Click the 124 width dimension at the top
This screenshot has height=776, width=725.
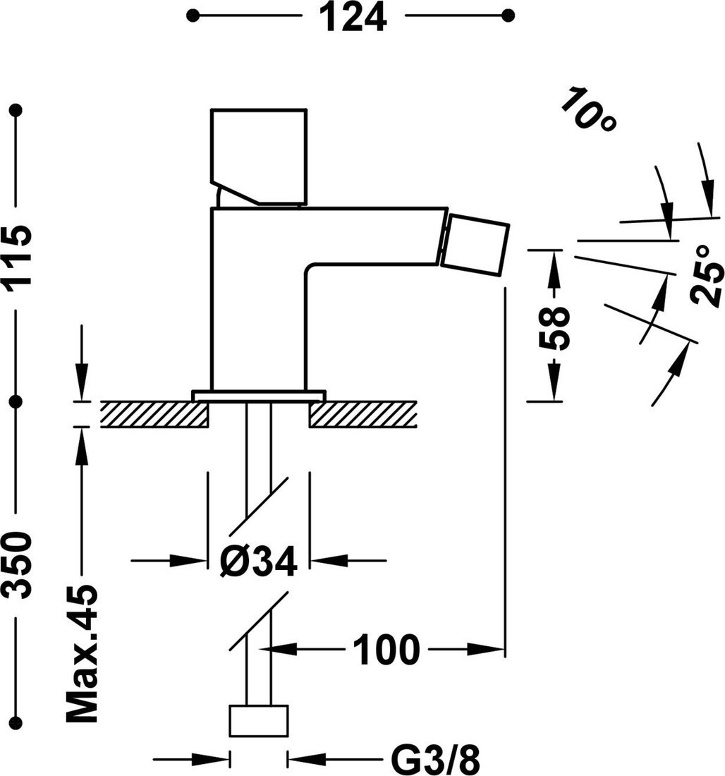(x=355, y=18)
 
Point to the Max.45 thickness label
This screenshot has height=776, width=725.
(x=82, y=653)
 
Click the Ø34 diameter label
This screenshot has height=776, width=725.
(x=257, y=562)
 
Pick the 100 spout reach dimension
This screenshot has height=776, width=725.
(x=385, y=649)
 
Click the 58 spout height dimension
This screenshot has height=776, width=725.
(x=554, y=328)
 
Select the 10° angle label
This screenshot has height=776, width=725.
(x=589, y=109)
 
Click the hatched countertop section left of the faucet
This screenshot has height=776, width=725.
(x=154, y=413)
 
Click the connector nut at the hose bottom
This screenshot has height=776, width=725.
(x=259, y=720)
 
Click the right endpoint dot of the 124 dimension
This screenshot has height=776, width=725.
(x=505, y=15)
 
